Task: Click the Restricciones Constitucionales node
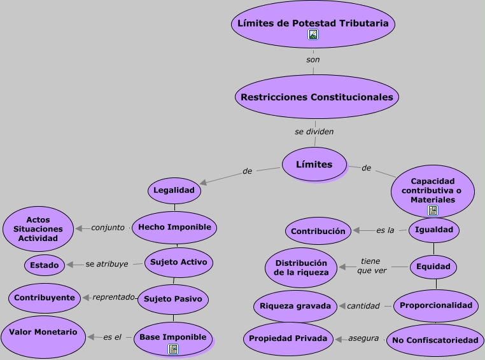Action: click(317, 97)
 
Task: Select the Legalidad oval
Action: click(174, 190)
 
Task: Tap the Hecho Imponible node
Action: click(175, 227)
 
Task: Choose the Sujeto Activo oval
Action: click(178, 262)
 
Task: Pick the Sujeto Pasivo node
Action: click(173, 298)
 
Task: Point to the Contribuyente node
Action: click(45, 298)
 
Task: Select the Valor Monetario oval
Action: click(43, 333)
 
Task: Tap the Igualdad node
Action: click(433, 230)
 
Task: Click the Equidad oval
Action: click(433, 267)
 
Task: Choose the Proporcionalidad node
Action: click(436, 305)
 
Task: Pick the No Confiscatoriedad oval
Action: click(435, 340)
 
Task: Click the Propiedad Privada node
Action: click(288, 338)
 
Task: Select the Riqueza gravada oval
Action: click(295, 306)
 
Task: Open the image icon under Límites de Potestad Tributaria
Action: click(313, 35)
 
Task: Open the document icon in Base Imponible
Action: click(173, 349)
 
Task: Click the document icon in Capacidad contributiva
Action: click(433, 211)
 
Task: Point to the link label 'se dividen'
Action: click(314, 132)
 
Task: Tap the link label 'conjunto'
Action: click(108, 227)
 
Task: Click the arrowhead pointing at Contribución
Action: click(356, 230)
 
